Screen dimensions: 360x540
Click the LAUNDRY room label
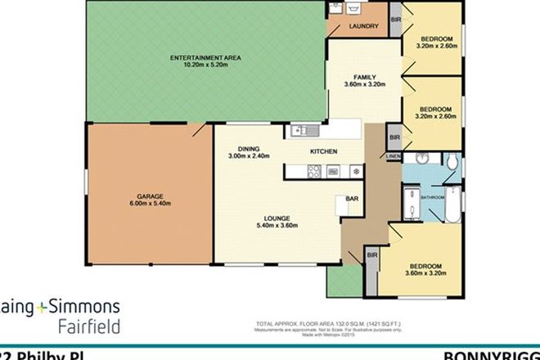point(363,27)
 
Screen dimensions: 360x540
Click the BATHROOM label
point(433,197)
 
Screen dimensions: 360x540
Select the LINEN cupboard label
point(394,155)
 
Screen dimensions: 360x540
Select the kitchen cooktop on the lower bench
point(313,171)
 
